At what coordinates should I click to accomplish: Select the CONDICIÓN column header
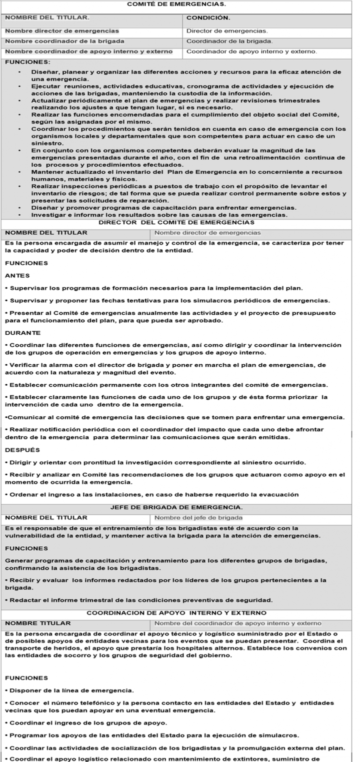click(x=208, y=18)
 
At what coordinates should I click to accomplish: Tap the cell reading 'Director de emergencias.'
click(x=227, y=31)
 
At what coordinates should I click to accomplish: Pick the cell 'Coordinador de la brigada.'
click(x=229, y=41)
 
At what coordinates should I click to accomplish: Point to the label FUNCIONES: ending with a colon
click(x=27, y=62)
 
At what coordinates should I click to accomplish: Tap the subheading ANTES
click(x=17, y=276)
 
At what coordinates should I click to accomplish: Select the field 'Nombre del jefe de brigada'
click(x=198, y=518)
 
